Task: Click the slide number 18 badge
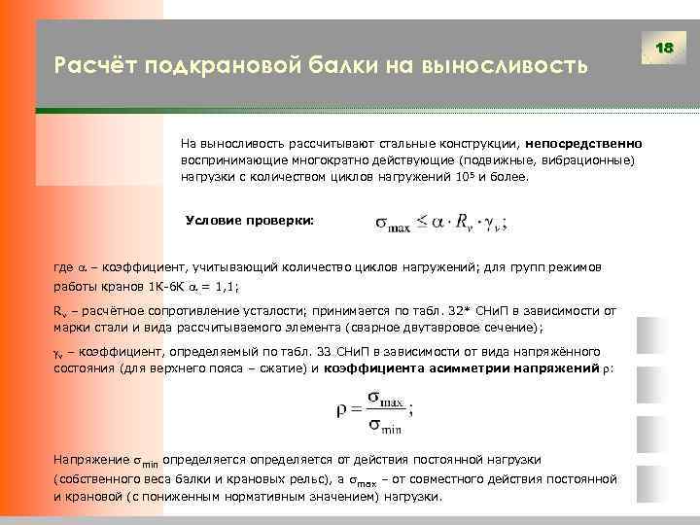tap(665, 48)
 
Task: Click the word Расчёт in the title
tap(94, 66)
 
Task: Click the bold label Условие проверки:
tap(250, 221)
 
